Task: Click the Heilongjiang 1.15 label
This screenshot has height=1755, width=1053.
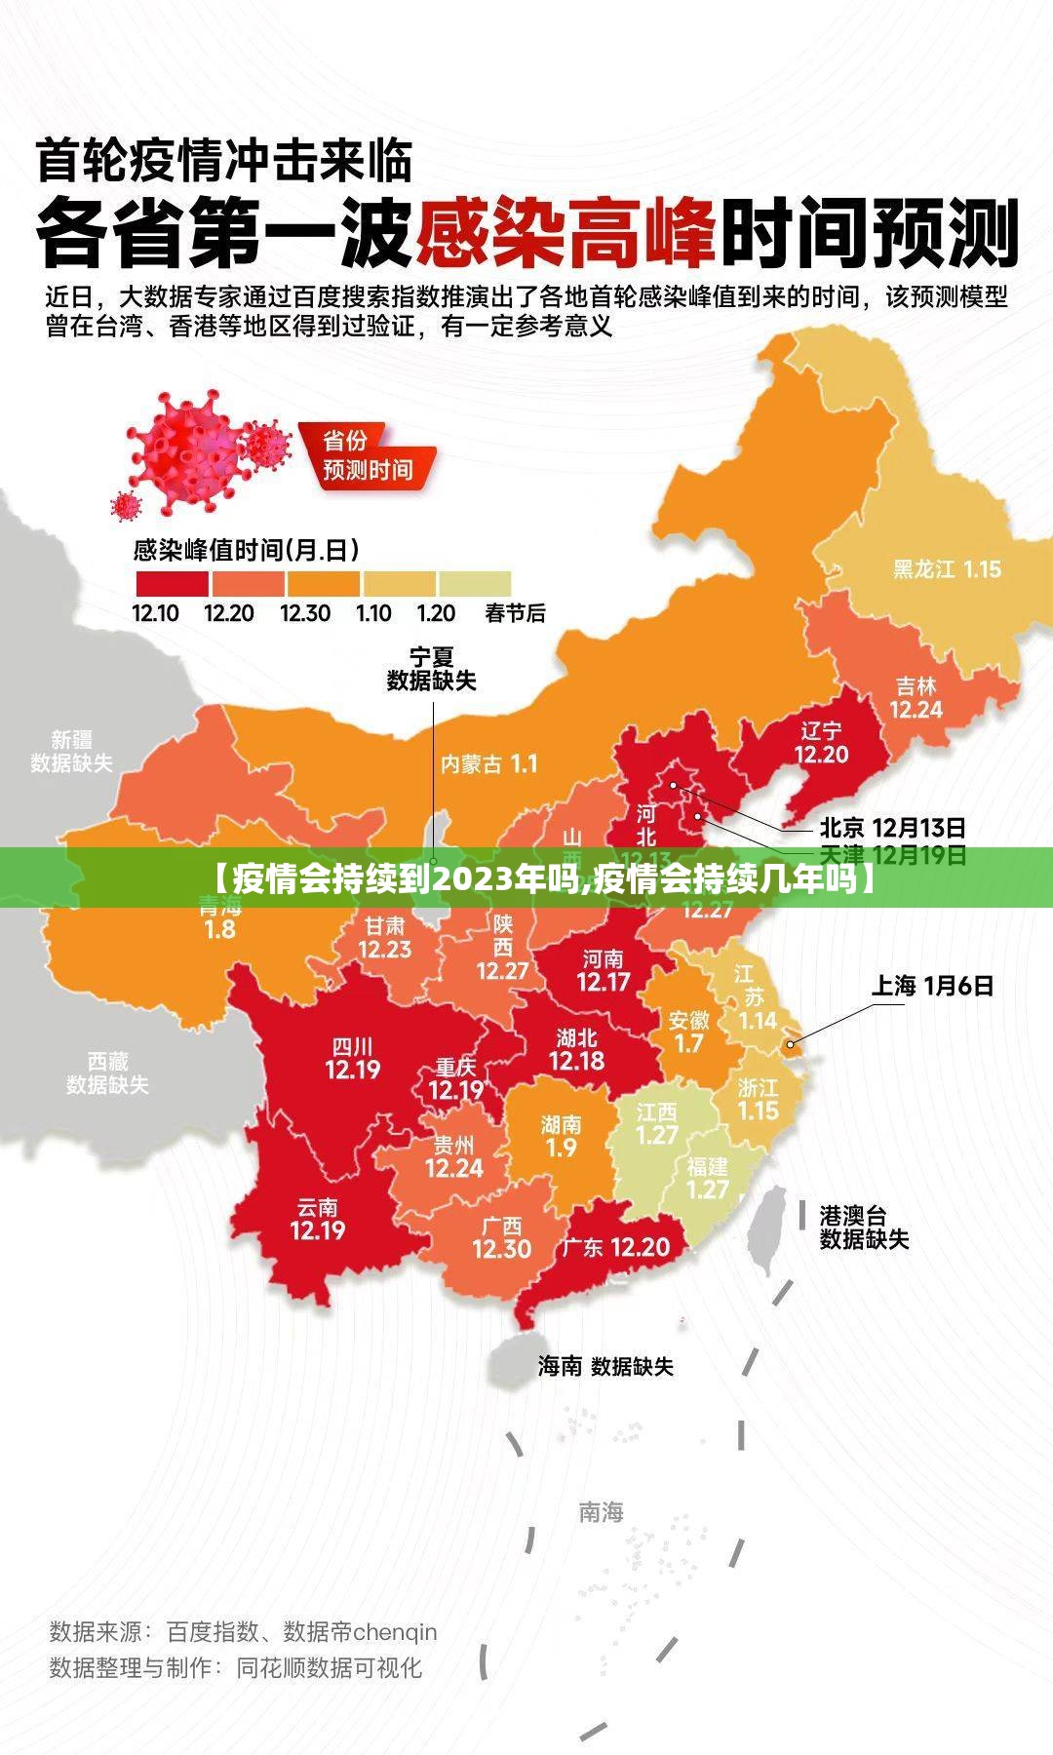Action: pyautogui.click(x=947, y=569)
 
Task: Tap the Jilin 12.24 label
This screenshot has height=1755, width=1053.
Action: pyautogui.click(x=916, y=698)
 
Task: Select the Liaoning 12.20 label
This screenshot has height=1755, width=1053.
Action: pyautogui.click(x=821, y=743)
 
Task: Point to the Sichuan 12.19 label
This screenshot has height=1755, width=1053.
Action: pyautogui.click(x=352, y=1059)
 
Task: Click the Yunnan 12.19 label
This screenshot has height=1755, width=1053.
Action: pyautogui.click(x=318, y=1220)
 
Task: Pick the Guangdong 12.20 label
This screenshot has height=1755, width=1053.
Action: pyautogui.click(x=615, y=1247)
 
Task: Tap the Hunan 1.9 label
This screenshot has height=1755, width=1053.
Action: pyautogui.click(x=561, y=1136)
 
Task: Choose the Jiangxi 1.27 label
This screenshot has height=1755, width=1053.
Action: pyautogui.click(x=656, y=1124)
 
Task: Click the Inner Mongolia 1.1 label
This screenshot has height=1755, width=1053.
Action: pyautogui.click(x=488, y=764)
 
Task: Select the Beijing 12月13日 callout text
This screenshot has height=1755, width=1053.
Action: pyautogui.click(x=892, y=829)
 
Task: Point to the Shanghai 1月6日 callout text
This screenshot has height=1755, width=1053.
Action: pyautogui.click(x=931, y=986)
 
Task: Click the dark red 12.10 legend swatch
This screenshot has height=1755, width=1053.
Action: pyautogui.click(x=172, y=584)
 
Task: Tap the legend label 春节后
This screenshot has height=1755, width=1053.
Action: pyautogui.click(x=515, y=613)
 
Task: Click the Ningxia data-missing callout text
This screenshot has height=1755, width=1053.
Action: pyautogui.click(x=431, y=669)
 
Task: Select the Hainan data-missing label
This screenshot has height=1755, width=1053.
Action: pyautogui.click(x=605, y=1366)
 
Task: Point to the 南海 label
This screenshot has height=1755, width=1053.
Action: pyautogui.click(x=601, y=1512)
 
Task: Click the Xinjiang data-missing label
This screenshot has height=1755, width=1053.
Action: pyautogui.click(x=71, y=752)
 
